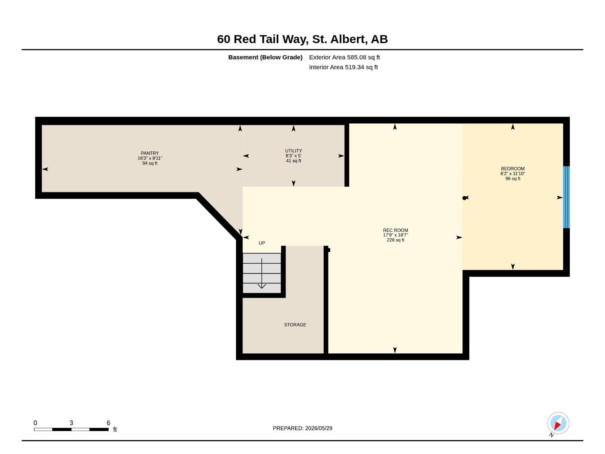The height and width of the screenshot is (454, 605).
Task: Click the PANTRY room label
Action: point(150,153)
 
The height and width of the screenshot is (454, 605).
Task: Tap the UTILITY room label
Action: point(293,151)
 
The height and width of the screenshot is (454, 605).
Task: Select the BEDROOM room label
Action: point(512,169)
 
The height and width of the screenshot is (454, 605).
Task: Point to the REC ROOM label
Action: point(395,230)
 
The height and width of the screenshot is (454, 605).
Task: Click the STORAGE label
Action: point(295,325)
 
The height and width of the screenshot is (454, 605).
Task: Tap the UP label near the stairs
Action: point(262,243)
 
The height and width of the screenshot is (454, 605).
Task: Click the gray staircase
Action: point(262,273)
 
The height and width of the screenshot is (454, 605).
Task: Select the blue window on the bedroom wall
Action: point(566,197)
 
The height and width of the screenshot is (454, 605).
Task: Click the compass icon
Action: point(558,423)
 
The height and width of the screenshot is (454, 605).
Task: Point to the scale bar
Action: point(71,429)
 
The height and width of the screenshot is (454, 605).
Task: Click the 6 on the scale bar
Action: point(108,423)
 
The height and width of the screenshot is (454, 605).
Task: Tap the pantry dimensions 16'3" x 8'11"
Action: point(150,158)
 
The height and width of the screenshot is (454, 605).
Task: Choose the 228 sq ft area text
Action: point(395,240)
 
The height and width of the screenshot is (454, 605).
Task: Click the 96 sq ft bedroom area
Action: point(512,179)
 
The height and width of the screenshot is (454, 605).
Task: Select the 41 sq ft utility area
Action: point(293,161)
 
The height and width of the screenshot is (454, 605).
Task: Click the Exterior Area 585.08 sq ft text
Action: point(344,58)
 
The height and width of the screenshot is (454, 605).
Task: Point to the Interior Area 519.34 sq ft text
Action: point(343,67)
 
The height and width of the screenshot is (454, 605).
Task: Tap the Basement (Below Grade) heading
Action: point(265,58)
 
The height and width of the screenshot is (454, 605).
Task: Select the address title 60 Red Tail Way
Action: point(262,39)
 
